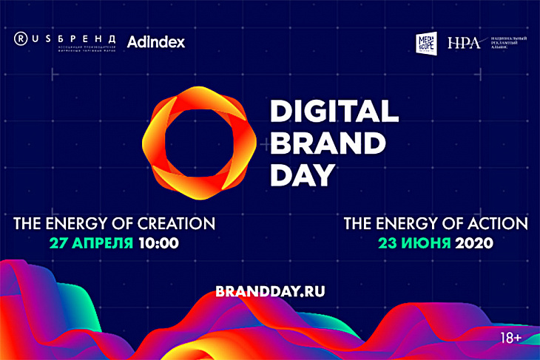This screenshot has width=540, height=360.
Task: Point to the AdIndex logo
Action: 155,42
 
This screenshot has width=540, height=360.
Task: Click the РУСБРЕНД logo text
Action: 74,38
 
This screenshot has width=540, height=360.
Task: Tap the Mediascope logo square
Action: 428,42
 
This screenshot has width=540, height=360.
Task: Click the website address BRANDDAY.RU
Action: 269,291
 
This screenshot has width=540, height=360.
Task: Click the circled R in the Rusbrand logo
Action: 22,38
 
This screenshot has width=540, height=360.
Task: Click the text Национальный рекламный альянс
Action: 505,43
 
